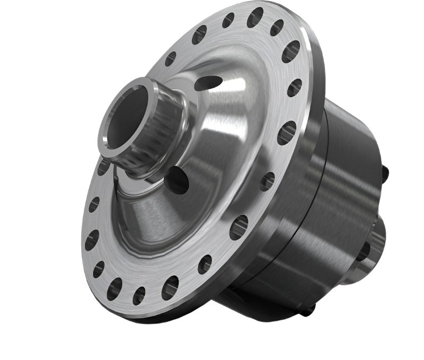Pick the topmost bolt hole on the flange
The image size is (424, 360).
coord(255,17)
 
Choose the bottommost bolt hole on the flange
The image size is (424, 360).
coord(139,295)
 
